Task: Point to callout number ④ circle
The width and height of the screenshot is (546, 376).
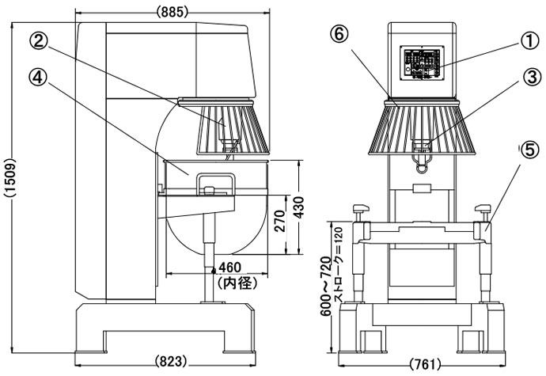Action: click(37, 76)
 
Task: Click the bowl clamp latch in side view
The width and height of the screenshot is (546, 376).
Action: click(215, 184)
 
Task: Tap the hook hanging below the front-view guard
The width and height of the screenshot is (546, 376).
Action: click(423, 163)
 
